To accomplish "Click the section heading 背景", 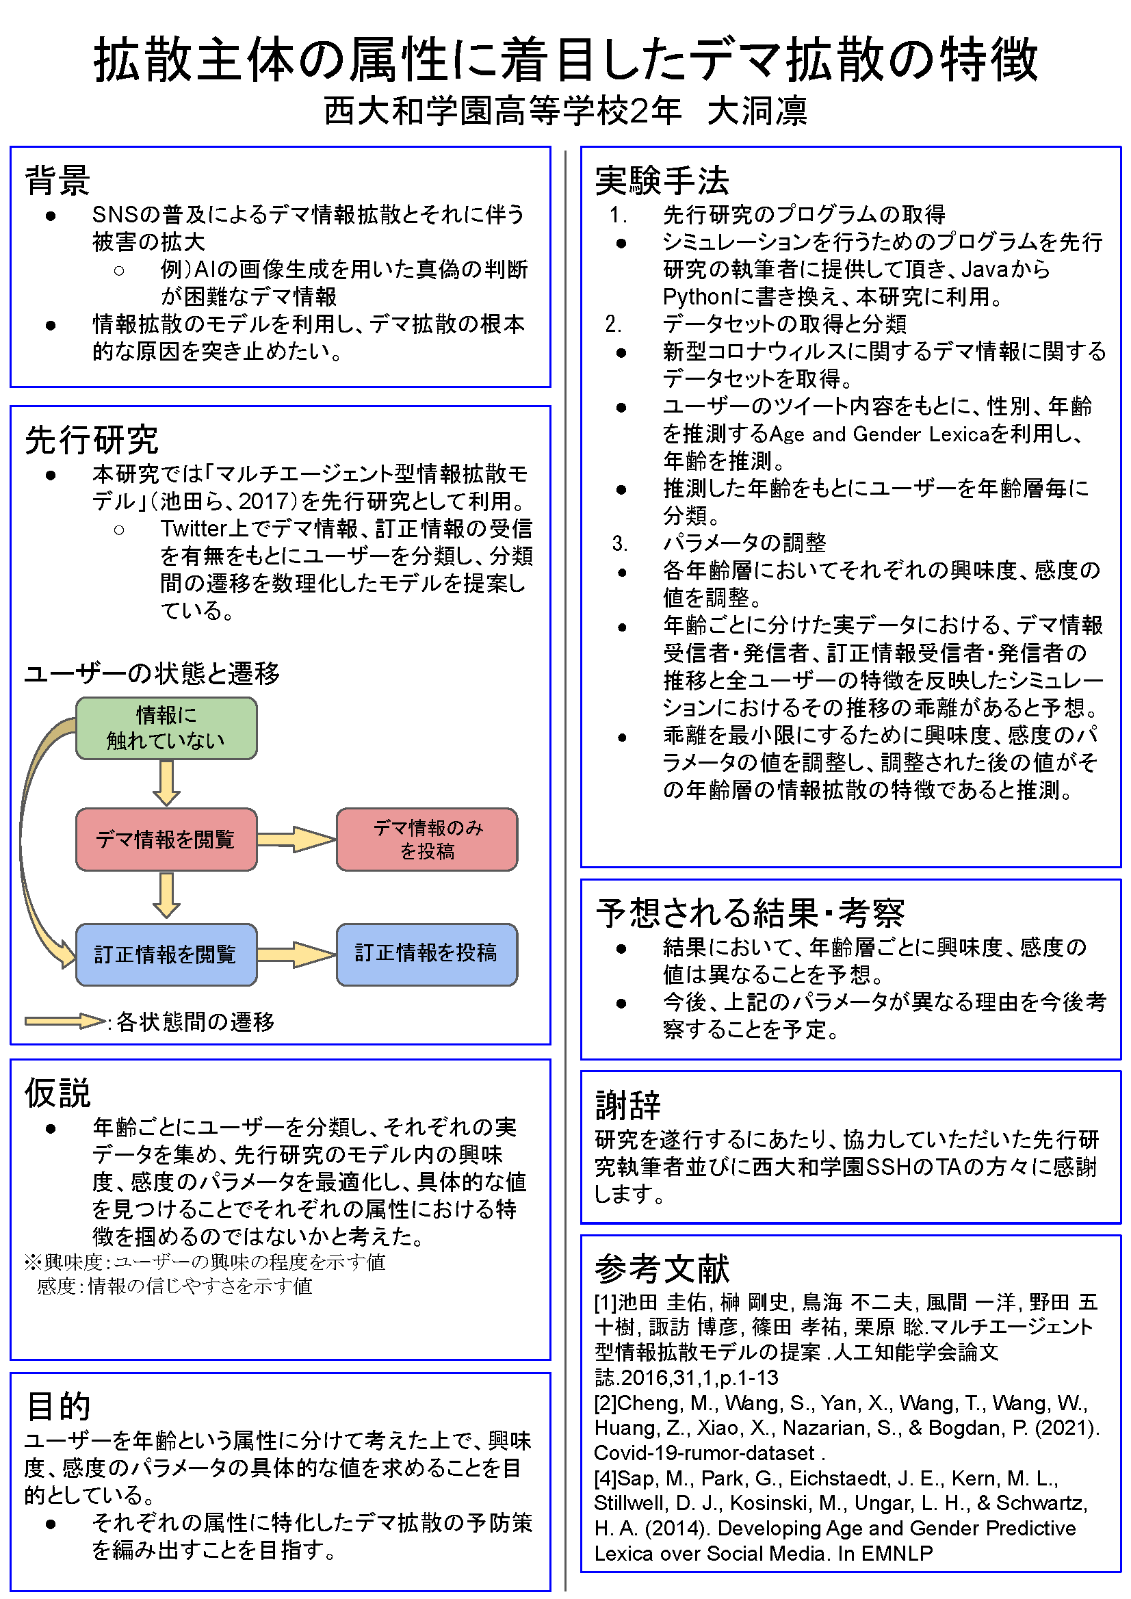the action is point(57,181).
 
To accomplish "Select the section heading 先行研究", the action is point(91,440).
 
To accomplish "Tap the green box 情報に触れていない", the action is point(166,728).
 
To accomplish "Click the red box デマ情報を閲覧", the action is point(166,840).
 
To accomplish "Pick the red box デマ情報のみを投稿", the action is point(427,840).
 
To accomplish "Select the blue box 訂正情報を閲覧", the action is point(166,954).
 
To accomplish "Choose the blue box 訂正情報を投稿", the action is point(427,954).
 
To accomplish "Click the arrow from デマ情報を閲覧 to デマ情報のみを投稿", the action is point(297,840).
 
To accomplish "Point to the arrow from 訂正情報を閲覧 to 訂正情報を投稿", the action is point(297,954).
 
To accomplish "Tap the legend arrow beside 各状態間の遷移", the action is point(66,1021).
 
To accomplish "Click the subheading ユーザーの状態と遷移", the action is point(152,673).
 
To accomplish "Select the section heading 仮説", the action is point(57,1093).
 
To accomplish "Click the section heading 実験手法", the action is point(662,181).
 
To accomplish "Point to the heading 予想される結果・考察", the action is point(749,912).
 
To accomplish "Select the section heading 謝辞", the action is point(627,1104).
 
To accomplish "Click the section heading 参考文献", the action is point(662,1269).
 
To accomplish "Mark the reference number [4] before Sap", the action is point(606,1478).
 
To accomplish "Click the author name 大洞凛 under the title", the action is point(757,111).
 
